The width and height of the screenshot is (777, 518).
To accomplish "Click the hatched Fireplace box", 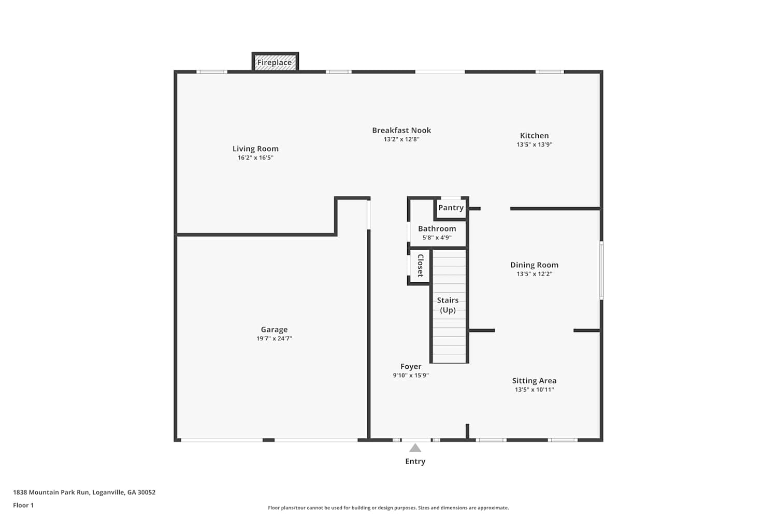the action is (x=275, y=63).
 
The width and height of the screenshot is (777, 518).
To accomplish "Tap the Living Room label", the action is (x=256, y=149).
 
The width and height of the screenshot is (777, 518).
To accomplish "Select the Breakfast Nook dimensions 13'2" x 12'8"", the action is (x=401, y=139).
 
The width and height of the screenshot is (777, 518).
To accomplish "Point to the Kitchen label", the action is (x=534, y=136).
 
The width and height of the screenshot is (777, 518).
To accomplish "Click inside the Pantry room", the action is (x=451, y=208).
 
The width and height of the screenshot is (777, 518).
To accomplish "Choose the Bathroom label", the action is (x=437, y=228).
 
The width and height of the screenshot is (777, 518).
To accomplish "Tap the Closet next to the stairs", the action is (x=421, y=266).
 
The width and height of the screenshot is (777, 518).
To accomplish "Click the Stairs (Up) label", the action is (x=448, y=305).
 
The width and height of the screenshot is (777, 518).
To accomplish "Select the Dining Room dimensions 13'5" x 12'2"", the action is (x=535, y=274).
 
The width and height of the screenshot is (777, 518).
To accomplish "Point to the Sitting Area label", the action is (x=534, y=381).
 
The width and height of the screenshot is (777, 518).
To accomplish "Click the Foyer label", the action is (x=411, y=367).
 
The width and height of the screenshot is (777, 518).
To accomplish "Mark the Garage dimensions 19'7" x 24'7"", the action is (x=275, y=339).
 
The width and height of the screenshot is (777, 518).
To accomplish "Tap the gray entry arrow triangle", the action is (x=415, y=448).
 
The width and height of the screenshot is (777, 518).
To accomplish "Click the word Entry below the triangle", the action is (x=415, y=462).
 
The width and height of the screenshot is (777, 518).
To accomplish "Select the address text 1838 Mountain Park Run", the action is (x=51, y=492).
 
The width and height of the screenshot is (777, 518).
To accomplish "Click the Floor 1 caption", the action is (x=23, y=506).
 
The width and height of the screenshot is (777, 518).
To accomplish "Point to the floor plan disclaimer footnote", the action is (x=388, y=508).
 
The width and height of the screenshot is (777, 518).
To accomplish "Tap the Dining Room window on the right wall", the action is (x=601, y=270).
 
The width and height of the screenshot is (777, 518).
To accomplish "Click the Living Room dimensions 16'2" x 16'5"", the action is (x=256, y=158).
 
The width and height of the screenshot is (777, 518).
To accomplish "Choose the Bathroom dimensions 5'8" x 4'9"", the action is (x=437, y=238).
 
